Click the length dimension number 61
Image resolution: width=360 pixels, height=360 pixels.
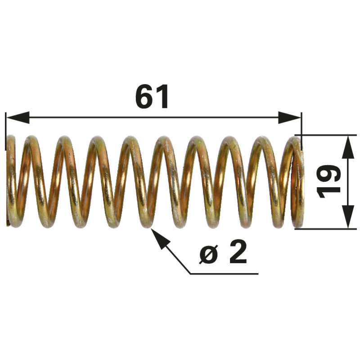tap(152, 96)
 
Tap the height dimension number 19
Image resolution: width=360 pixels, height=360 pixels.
tap(328, 181)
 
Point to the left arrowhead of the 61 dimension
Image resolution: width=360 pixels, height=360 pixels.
tap(18, 117)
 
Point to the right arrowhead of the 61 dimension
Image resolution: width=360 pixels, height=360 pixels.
tap(289, 117)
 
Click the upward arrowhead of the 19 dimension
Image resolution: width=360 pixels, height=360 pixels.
tap(348, 147)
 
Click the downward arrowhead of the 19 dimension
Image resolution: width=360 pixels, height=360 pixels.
tap(348, 217)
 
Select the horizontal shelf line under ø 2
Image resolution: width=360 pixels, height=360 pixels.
tap(224, 274)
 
